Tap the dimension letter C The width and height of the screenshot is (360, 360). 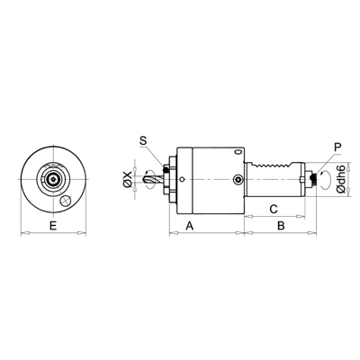274,208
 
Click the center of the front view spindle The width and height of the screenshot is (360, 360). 53,179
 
